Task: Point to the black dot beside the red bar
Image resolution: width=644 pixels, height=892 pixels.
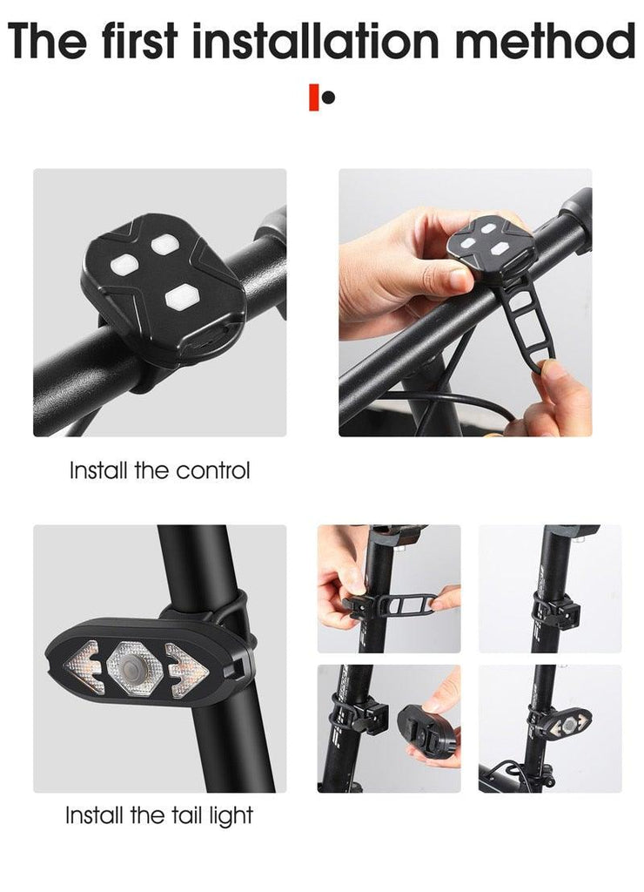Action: (328, 98)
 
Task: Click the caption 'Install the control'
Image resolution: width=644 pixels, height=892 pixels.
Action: (159, 471)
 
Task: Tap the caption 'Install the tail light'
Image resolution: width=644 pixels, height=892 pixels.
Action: (159, 816)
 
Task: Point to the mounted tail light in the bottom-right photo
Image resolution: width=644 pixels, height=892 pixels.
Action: (565, 724)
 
